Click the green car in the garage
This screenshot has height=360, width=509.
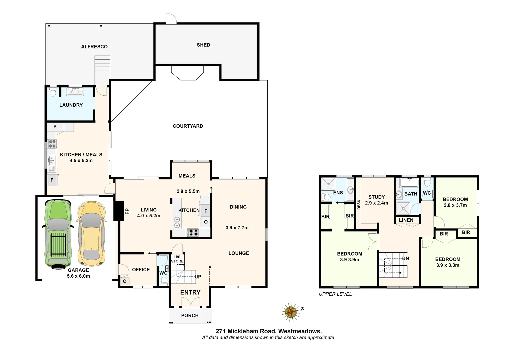[x=57, y=234]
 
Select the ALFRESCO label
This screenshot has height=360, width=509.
[x=94, y=47]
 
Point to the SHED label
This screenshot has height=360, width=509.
[x=203, y=45]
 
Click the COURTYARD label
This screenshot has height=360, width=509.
[x=188, y=126]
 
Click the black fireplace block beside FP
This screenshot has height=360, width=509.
[x=118, y=211]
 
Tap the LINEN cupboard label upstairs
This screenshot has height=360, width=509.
[x=406, y=220]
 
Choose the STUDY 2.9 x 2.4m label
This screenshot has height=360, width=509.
[x=376, y=200]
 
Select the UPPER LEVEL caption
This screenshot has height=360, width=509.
[x=335, y=294]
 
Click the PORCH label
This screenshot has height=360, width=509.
[x=190, y=315]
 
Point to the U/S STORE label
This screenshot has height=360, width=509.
[x=177, y=259]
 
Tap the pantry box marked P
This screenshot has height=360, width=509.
[x=55, y=127]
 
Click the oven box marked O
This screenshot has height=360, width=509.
[x=206, y=222]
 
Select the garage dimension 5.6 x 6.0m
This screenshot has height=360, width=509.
[x=78, y=276]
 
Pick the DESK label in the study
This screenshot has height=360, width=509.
[x=359, y=204]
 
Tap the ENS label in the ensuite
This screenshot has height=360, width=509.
[x=338, y=193]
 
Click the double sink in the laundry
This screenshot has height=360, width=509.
[x=75, y=91]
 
